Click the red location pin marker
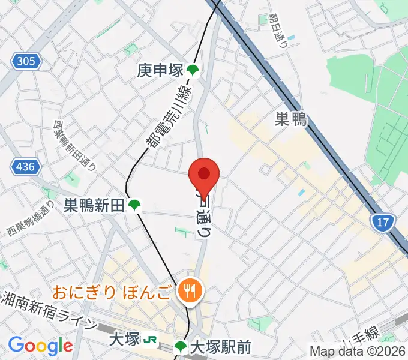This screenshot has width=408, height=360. pos(204,175)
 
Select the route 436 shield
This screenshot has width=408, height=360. pos(26,166)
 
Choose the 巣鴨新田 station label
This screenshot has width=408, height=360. pos(95,206)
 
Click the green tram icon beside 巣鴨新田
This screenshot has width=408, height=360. pos(135,206)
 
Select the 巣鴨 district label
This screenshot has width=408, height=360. pos(290,119)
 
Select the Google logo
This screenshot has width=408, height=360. pos(40,346)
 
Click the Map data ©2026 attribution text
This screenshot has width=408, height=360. pos(358,350)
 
